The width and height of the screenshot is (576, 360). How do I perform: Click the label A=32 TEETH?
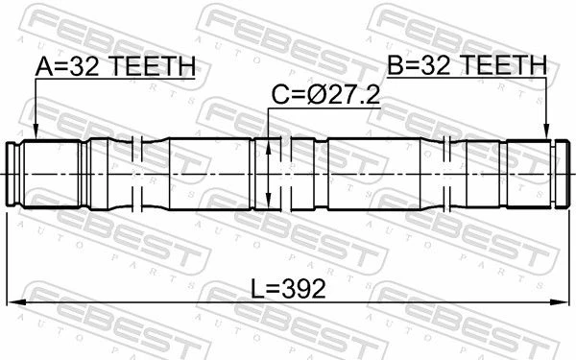[x=115, y=66]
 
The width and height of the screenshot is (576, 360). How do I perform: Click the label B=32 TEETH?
[x=468, y=65]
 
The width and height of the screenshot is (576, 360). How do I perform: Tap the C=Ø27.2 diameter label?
[x=325, y=95]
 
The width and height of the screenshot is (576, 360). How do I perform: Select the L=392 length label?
[x=288, y=288]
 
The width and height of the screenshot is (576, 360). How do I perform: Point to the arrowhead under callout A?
[x=36, y=132]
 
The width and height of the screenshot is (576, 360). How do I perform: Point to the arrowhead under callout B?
[x=547, y=132]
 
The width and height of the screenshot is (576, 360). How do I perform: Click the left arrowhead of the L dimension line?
[x=15, y=302]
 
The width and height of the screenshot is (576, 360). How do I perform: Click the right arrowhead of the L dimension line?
[x=561, y=302]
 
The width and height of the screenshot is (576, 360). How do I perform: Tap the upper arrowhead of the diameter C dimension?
[x=268, y=147]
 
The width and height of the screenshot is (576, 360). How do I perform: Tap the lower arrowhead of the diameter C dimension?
[x=268, y=201]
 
